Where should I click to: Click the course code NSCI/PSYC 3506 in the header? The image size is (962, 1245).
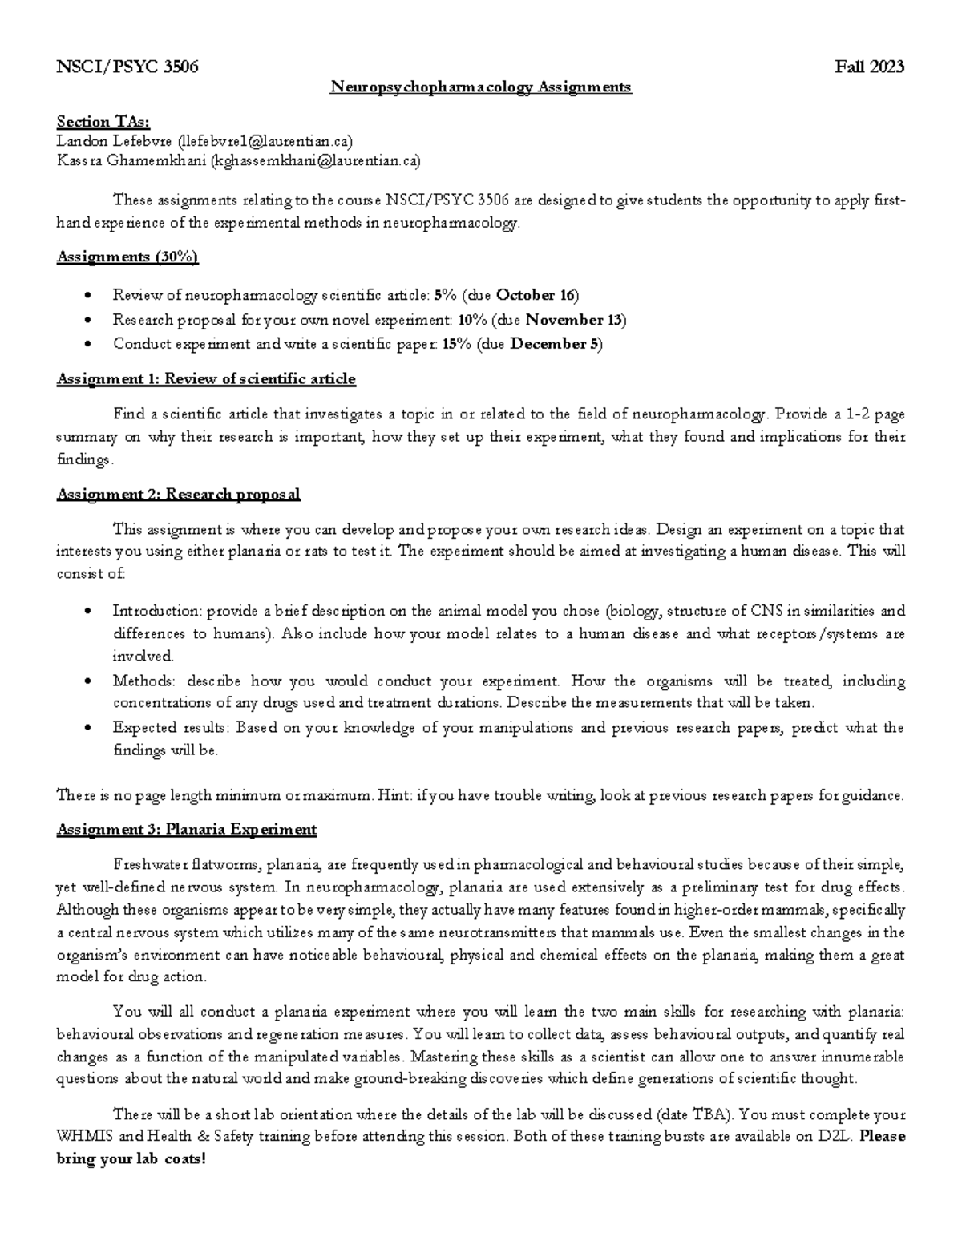(127, 67)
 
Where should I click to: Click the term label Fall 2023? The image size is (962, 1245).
(870, 67)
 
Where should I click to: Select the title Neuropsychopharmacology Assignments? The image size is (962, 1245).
(481, 87)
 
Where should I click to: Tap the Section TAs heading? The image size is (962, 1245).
(103, 122)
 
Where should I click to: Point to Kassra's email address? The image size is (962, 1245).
(314, 161)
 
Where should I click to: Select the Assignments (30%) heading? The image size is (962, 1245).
(127, 257)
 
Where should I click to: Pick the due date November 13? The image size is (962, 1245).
(574, 320)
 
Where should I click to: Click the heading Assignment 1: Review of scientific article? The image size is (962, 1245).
(205, 378)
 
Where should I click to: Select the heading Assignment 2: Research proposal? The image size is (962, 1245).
(178, 494)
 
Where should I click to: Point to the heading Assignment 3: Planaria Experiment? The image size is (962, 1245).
(186, 829)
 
